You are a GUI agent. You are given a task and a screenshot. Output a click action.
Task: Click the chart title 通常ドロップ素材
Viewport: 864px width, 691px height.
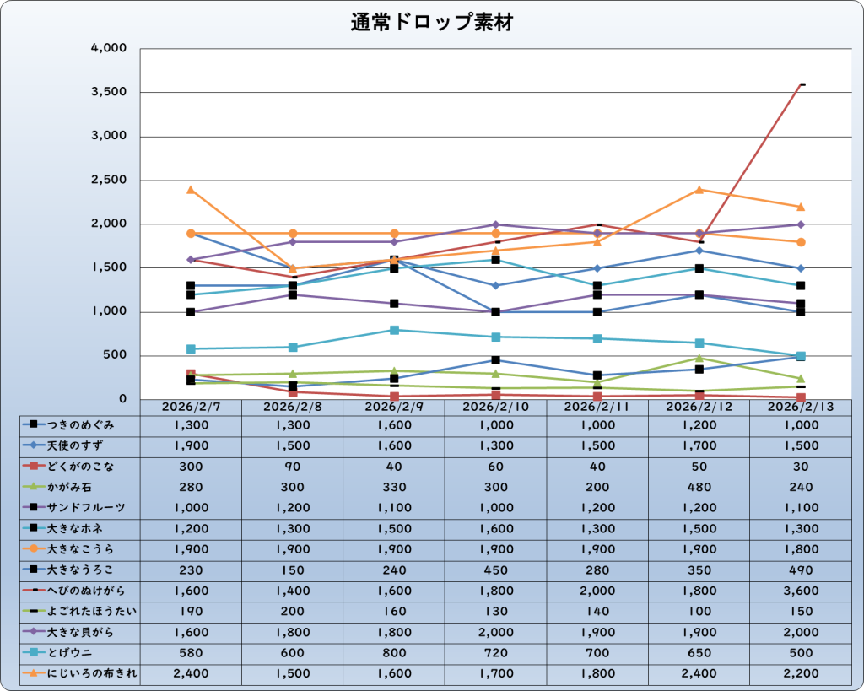[x=431, y=23]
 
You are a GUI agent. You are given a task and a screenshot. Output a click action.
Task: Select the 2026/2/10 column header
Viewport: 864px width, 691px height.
[x=495, y=407]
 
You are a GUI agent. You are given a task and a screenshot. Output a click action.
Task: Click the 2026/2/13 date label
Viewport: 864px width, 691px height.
[x=800, y=407]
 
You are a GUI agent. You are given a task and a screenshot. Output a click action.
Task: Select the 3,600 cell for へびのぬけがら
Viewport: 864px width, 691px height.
[x=800, y=591]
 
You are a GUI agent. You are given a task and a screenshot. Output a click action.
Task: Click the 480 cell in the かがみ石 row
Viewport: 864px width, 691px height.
[x=699, y=487]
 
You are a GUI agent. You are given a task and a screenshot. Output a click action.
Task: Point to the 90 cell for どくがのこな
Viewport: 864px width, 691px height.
[x=292, y=467]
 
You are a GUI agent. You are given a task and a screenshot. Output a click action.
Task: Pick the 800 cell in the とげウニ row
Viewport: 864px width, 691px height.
[x=394, y=653]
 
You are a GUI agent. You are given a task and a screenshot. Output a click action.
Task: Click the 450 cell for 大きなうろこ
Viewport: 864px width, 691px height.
[x=495, y=570]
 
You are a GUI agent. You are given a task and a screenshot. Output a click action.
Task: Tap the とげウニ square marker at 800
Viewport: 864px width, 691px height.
[x=394, y=330]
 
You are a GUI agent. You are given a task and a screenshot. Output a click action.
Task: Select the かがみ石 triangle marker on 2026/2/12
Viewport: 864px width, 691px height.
[x=699, y=358]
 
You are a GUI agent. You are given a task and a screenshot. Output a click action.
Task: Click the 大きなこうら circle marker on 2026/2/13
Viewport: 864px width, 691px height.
[x=800, y=242]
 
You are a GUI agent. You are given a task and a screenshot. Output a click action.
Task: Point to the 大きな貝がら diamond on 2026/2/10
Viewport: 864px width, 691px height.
[x=495, y=224]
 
